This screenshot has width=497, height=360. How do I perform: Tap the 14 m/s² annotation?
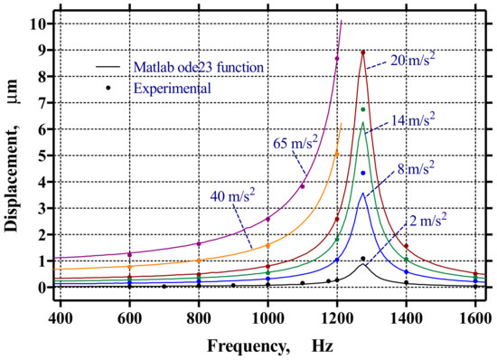tap(415, 119)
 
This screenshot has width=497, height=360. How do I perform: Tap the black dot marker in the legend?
tap(108, 88)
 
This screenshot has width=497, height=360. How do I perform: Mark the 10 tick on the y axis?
tap(36, 24)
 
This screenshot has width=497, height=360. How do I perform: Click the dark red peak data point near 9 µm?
tap(362, 52)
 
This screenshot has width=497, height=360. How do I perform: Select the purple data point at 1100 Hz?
tap(302, 186)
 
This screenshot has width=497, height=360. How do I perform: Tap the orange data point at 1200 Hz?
tap(336, 154)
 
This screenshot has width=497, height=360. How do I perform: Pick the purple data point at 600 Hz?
tap(129, 254)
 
